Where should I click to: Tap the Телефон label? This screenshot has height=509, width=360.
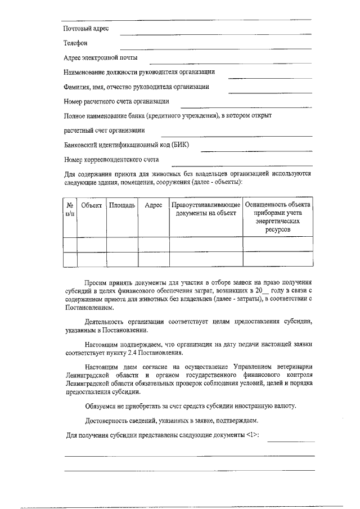76,43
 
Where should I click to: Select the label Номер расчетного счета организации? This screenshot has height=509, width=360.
116,101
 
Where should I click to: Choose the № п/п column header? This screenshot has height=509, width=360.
70,210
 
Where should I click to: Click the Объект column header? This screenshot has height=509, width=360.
92,205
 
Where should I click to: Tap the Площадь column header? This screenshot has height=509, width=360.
122,205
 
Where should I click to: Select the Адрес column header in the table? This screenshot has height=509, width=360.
154,205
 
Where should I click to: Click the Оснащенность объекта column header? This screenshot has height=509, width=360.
278,218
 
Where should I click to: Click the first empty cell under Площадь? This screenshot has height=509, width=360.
122,245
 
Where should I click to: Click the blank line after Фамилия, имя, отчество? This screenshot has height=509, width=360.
270,91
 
